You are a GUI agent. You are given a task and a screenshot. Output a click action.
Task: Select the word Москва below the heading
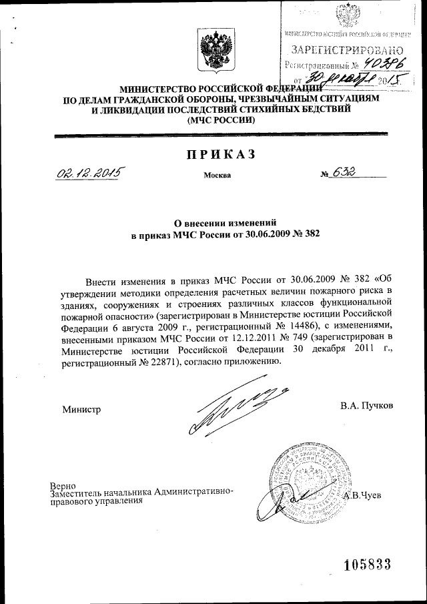(218, 176)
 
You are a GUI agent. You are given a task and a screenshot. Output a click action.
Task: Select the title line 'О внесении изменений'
(221, 223)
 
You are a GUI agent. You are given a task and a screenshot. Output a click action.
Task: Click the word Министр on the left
(81, 409)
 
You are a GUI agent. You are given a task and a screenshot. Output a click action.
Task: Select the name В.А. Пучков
(366, 405)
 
